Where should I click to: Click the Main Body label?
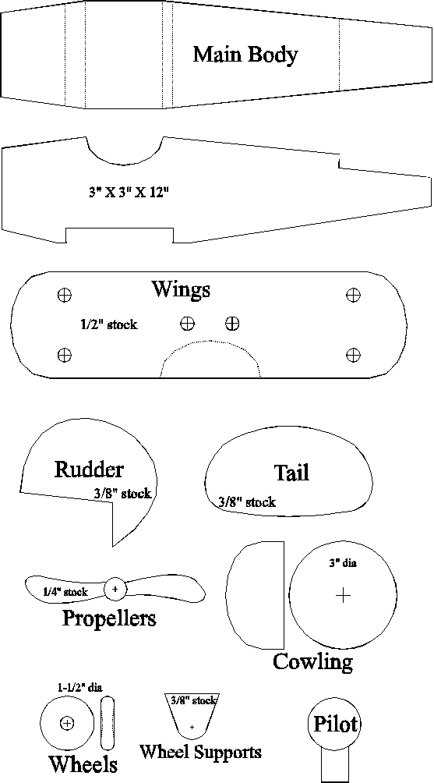[245, 55]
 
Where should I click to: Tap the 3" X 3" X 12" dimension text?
[126, 193]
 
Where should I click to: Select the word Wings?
[181, 290]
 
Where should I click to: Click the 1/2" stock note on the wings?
[109, 324]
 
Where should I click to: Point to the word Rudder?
[88, 469]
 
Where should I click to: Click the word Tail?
[291, 473]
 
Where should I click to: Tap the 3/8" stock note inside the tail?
[247, 502]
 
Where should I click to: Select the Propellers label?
[109, 618]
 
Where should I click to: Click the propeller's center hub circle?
[115, 589]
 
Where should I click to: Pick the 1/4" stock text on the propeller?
[65, 592]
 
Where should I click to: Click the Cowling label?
[312, 661]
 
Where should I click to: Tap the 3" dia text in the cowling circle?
[342, 563]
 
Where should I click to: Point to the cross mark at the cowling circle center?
[343, 595]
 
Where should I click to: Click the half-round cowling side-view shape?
[256, 595]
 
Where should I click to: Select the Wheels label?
[83, 764]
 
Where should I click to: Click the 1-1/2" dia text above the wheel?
[79, 688]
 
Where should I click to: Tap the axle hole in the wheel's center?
[67, 723]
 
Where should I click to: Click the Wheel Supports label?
[200, 752]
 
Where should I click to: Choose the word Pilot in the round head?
[334, 724]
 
